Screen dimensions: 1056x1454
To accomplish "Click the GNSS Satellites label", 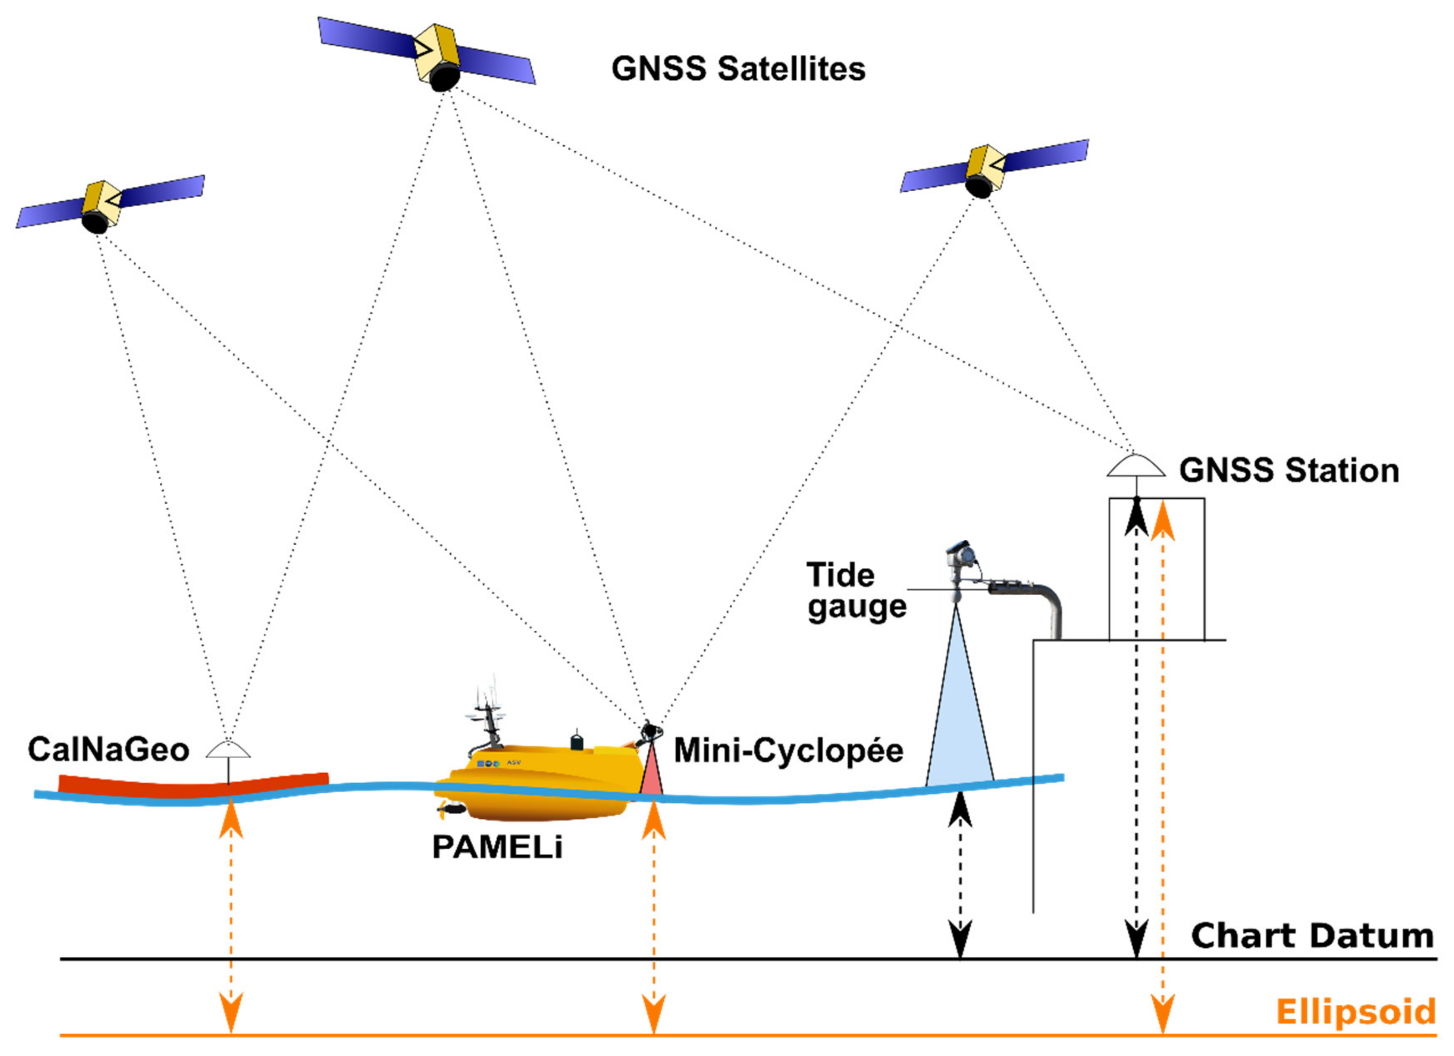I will pyautogui.click(x=738, y=69).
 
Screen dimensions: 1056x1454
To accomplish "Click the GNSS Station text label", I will pyautogui.click(x=1288, y=471).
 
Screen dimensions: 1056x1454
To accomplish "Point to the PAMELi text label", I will pyautogui.click(x=497, y=848).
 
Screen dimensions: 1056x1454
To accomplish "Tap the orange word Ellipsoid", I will pyautogui.click(x=1355, y=1013).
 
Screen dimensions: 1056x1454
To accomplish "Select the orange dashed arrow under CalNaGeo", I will pyautogui.click(x=231, y=923).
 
